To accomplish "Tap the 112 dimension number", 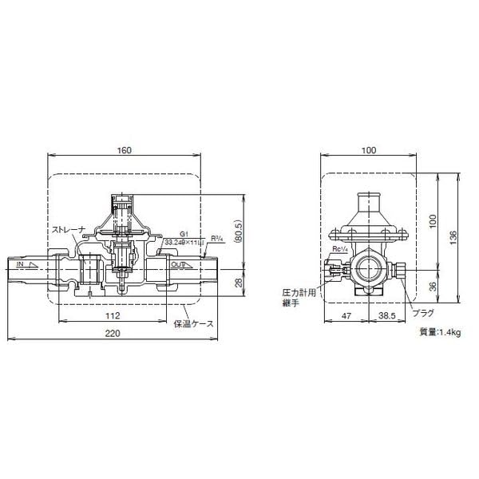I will pos(124,315).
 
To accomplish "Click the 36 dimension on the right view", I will pos(431,287).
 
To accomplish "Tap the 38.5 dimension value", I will pos(389,317).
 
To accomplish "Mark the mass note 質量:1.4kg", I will pos(440,331).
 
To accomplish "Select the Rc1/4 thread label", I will pos(342,248).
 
